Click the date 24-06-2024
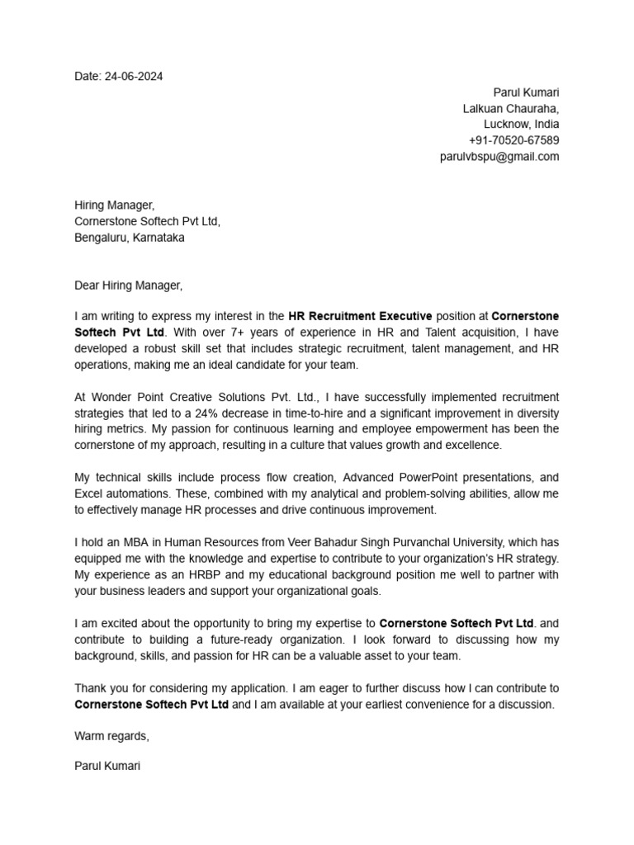[134, 77]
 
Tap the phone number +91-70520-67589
[513, 140]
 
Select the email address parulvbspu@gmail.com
[499, 157]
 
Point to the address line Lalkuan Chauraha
[510, 109]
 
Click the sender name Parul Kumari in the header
[526, 92]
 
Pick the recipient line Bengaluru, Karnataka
[130, 238]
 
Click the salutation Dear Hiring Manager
[128, 286]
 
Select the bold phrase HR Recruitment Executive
[360, 316]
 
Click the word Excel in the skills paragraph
[89, 494]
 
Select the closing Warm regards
[111, 736]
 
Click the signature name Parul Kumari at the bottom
[107, 766]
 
